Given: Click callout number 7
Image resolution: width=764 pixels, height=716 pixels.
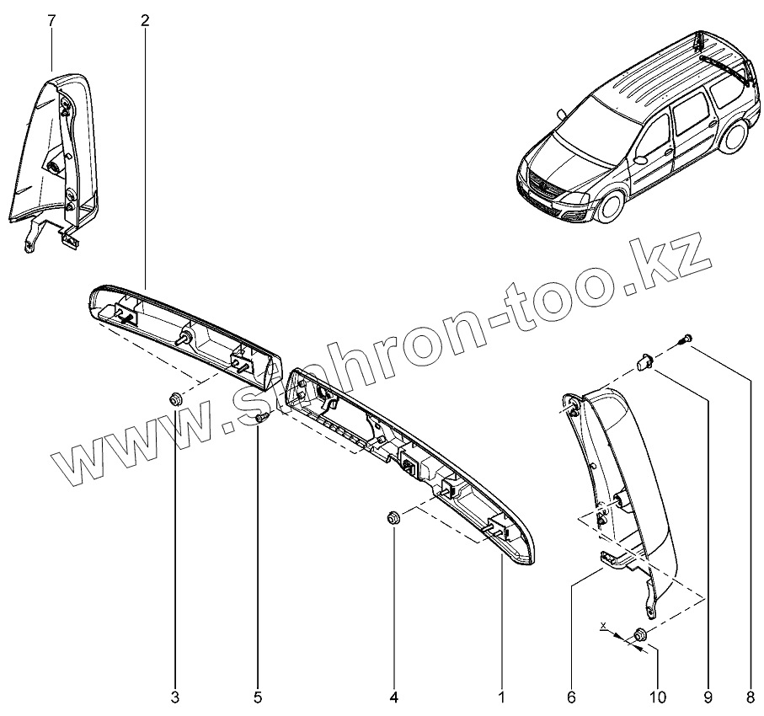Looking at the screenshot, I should (x=51, y=20).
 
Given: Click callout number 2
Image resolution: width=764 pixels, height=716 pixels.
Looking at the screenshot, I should (x=145, y=20).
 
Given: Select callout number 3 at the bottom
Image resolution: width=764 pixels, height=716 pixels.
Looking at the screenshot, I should (x=175, y=697).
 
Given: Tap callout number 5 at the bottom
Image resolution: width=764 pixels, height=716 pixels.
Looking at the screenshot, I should (x=258, y=697).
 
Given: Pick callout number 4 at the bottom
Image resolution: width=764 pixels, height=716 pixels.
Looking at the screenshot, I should (x=393, y=697).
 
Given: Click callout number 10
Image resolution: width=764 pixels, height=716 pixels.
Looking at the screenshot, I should (x=657, y=697).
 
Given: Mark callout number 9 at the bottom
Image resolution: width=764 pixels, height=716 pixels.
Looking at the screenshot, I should (x=708, y=697).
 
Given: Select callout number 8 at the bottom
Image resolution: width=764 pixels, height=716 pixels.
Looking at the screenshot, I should (x=751, y=697).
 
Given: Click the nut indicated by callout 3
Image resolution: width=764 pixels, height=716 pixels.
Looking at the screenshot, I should (x=175, y=398).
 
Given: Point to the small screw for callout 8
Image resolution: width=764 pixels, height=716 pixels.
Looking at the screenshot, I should (x=686, y=339).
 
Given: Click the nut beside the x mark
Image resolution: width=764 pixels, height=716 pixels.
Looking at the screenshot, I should (x=640, y=634).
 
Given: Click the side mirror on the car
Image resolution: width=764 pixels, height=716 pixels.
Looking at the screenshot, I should (x=642, y=158).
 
